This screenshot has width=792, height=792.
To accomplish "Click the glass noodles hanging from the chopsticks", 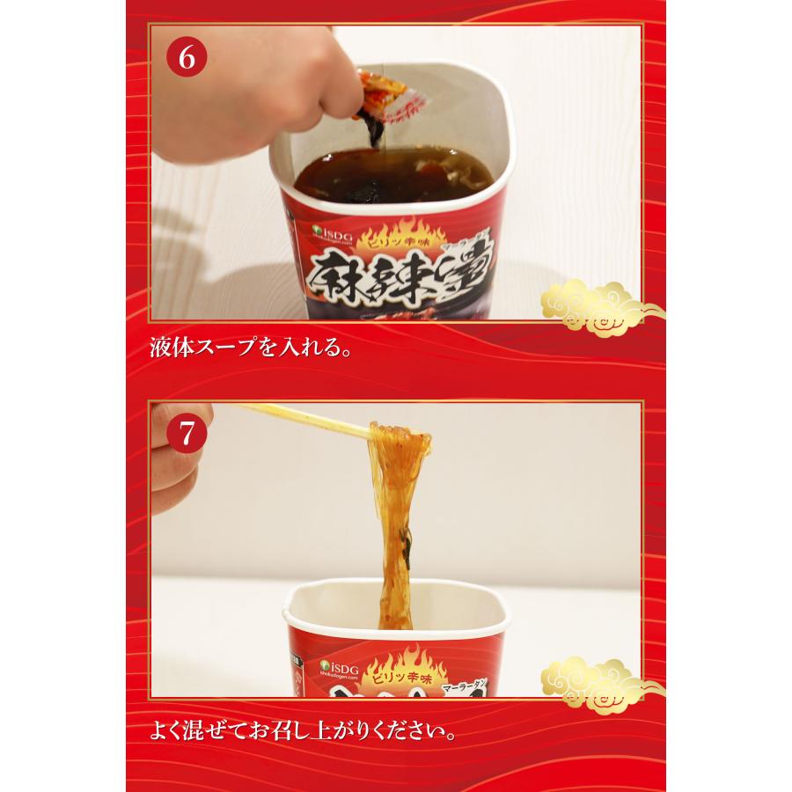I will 396,510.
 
